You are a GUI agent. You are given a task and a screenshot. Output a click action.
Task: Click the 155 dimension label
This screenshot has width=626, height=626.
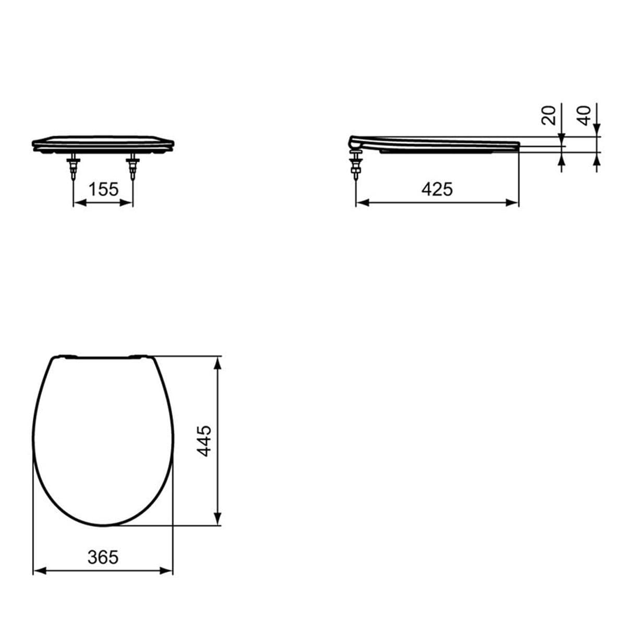click(104, 189)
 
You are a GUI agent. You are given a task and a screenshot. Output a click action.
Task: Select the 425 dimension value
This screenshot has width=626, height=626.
click(437, 189)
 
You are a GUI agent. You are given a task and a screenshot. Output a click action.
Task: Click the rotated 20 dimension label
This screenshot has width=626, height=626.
click(548, 116)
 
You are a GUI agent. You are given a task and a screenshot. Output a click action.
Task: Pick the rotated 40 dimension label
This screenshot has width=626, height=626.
click(584, 116)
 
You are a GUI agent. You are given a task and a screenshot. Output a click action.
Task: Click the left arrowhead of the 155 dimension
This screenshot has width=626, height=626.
click(80, 203)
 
